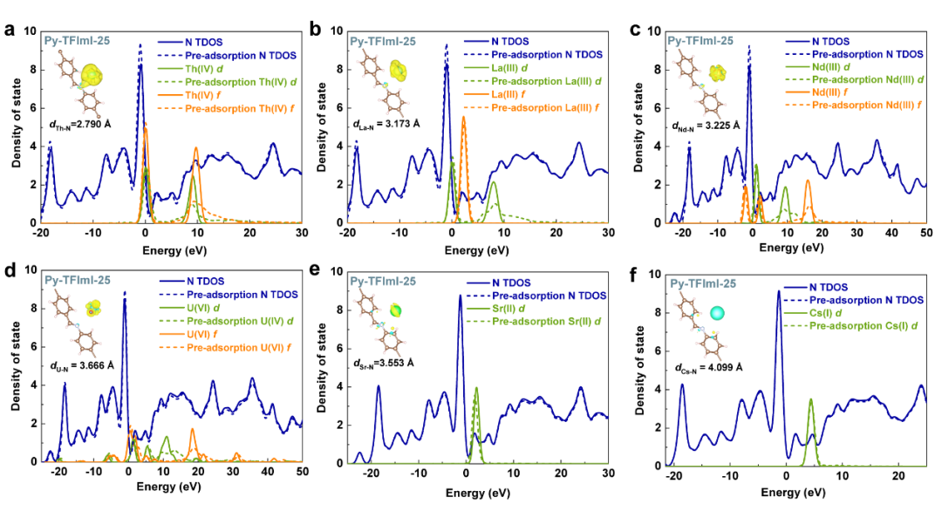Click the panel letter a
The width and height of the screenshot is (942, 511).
coord(10,31)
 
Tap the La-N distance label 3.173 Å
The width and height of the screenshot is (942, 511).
coord(389,128)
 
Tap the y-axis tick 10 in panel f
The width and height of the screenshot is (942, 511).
coord(652,273)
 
